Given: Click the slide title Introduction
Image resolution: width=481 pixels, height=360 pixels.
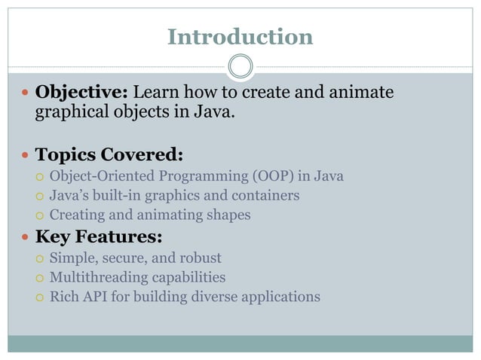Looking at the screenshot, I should pyautogui.click(x=240, y=36).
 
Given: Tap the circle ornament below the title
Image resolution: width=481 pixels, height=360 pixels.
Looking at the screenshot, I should pyautogui.click(x=240, y=66).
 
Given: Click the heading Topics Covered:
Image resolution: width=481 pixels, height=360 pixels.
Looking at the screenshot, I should pyautogui.click(x=109, y=154).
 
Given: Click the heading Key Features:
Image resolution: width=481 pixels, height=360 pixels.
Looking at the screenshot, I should pyautogui.click(x=99, y=237).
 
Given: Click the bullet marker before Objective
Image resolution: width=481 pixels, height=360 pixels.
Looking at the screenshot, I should pyautogui.click(x=24, y=93).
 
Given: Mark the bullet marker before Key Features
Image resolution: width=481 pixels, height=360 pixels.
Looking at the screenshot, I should pyautogui.click(x=24, y=238).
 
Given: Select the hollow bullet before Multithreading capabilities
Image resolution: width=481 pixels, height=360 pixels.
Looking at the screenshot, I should pyautogui.click(x=40, y=278).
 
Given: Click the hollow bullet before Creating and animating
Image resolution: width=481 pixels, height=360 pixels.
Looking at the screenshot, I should pyautogui.click(x=40, y=215).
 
